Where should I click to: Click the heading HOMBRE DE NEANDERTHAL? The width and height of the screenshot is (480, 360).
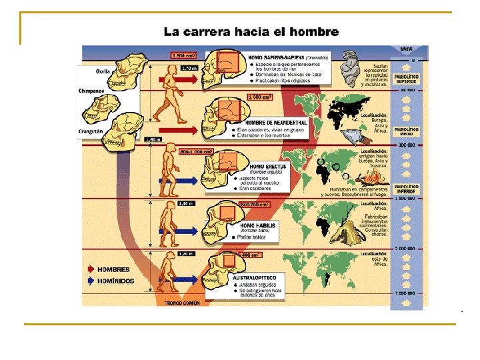click(277, 123)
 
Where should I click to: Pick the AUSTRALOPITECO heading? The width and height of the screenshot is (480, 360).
click(254, 277)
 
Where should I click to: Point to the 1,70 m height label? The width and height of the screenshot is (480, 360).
click(189, 67)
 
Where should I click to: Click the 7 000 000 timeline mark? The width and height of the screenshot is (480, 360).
click(406, 294)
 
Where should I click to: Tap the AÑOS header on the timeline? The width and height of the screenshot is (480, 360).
click(406, 49)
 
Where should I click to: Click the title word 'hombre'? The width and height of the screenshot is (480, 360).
click(315, 31)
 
